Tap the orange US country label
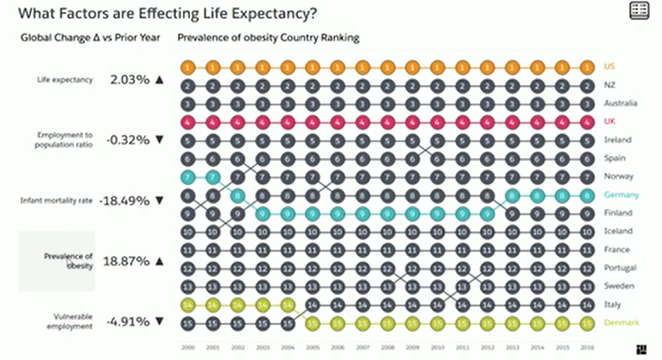coord(609,66)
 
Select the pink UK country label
coord(609,121)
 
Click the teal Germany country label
coord(621,194)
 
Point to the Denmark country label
coord(622,323)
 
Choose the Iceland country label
coord(618,231)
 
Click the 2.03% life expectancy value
coord(131,80)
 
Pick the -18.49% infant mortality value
coord(124,201)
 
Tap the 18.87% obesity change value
coord(126,261)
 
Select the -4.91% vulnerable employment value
coord(127,321)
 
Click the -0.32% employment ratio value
coord(127,140)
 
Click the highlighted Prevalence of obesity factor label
coord(68,261)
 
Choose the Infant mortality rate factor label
coord(56,201)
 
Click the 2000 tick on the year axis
coord(187,347)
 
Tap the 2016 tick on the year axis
coord(587,347)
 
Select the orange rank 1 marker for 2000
coord(188,67)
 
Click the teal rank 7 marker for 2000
coord(188,177)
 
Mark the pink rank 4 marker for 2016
coord(587,122)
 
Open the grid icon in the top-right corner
coord(639,10)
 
